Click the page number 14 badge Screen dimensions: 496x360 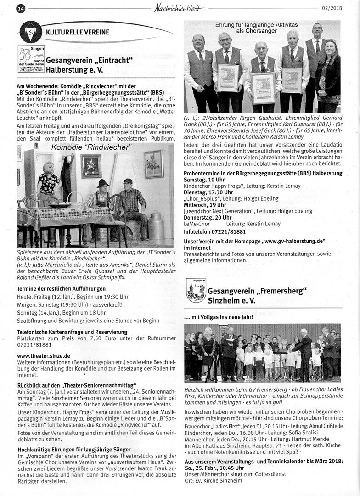coord(21,8)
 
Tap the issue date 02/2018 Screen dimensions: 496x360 coord(332,7)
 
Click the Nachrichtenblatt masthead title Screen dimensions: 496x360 coord(179,7)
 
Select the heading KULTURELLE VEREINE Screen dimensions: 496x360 coord(78,32)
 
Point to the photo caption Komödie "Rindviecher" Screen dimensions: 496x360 coord(91,147)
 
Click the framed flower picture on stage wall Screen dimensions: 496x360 coord(91,166)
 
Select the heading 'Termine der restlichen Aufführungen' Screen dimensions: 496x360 coord(61,288)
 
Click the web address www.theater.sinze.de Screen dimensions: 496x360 coord(44,355)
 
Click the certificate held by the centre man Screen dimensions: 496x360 coord(263,87)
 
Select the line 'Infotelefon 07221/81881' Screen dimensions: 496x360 coord(214,231)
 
